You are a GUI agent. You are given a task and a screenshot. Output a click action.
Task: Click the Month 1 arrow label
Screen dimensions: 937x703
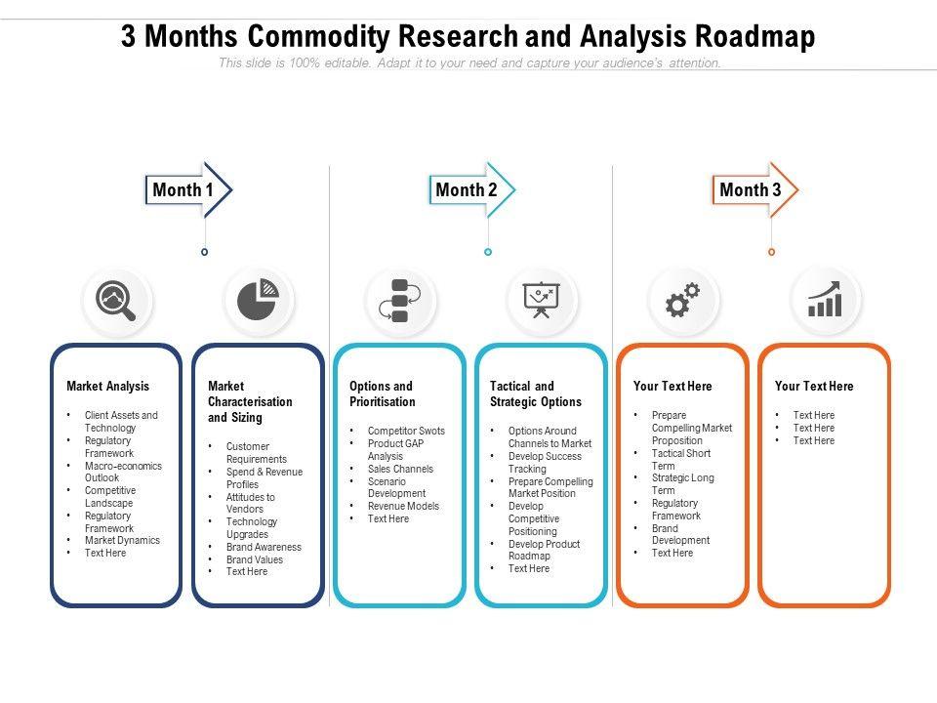click(x=183, y=189)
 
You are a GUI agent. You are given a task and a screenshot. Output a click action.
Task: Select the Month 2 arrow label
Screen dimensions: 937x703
click(x=467, y=189)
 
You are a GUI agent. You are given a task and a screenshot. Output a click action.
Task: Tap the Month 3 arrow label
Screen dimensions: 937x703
click(x=751, y=189)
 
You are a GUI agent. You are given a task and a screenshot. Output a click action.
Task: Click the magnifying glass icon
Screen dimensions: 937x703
click(x=117, y=301)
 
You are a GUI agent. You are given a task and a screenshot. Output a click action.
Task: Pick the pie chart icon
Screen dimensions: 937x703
click(x=259, y=301)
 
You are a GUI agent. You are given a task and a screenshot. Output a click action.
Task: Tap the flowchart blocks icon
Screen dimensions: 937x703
click(x=399, y=301)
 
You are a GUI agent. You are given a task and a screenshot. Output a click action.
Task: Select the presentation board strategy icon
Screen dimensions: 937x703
click(x=542, y=301)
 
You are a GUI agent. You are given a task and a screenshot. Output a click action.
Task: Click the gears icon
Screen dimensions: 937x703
click(x=683, y=301)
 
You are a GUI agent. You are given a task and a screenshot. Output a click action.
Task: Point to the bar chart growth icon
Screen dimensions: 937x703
click(x=825, y=301)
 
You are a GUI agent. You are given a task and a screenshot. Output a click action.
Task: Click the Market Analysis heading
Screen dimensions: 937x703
click(x=107, y=387)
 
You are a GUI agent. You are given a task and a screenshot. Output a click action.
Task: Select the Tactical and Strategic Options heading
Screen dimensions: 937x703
click(x=536, y=393)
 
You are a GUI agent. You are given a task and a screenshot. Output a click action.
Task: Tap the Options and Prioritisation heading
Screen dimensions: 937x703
click(x=382, y=393)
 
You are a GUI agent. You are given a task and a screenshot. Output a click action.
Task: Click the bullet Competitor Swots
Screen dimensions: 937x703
click(x=406, y=431)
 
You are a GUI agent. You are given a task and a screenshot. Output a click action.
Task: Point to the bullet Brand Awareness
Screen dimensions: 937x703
click(x=264, y=547)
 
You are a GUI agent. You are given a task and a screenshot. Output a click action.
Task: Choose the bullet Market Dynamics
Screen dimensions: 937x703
click(x=122, y=540)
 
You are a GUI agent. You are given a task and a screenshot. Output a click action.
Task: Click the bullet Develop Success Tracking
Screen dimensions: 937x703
click(x=545, y=462)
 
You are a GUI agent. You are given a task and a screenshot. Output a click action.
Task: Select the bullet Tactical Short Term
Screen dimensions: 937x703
click(x=681, y=459)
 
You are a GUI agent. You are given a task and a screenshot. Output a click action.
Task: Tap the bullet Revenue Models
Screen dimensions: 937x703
click(x=403, y=506)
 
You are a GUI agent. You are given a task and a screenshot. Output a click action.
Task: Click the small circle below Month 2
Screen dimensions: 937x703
click(x=488, y=252)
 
